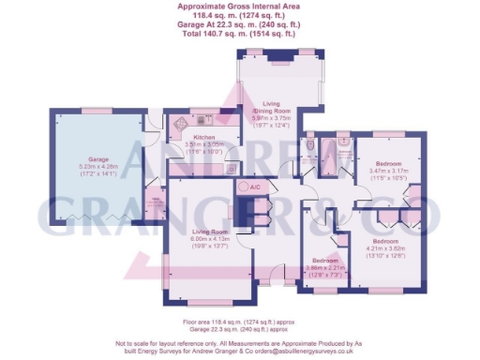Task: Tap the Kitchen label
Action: [203, 137]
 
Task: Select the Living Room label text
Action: [210, 232]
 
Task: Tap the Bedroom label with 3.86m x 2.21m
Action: [325, 260]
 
